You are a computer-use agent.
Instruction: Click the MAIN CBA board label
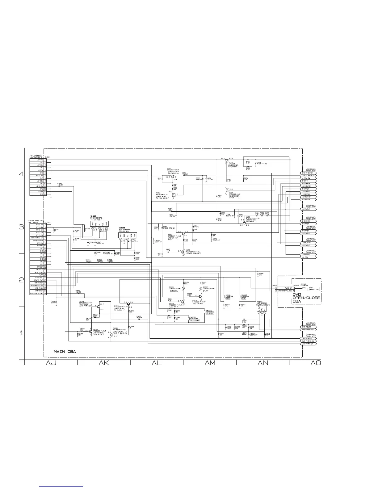click(65, 351)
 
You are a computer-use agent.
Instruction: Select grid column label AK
click(103, 363)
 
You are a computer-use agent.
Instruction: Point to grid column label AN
click(262, 363)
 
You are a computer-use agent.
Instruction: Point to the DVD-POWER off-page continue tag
click(309, 327)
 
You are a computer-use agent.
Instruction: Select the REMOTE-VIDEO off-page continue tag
click(309, 329)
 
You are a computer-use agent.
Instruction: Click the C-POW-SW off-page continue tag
click(309, 178)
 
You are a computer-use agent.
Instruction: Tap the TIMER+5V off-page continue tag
click(309, 194)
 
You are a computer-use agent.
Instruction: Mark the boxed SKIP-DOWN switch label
click(195, 320)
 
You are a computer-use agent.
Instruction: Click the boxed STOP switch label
click(228, 299)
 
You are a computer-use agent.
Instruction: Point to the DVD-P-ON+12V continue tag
click(309, 344)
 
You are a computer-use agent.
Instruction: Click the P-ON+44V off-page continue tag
click(309, 221)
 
